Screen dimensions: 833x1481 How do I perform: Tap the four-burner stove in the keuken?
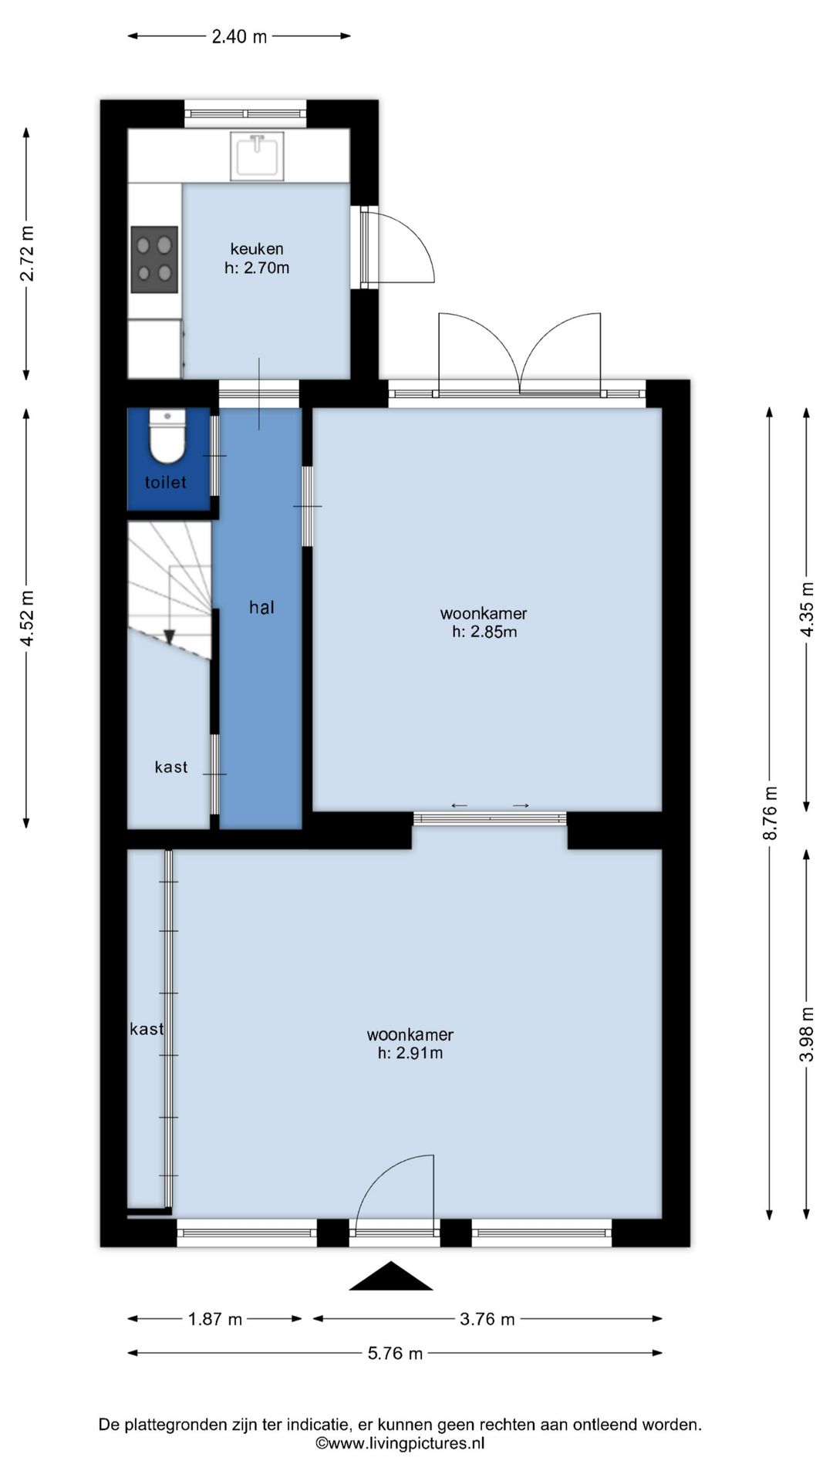point(154,259)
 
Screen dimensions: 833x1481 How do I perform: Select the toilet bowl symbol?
point(167,437)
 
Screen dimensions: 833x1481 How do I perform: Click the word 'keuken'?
point(257,248)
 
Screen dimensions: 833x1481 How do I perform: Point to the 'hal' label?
point(261,607)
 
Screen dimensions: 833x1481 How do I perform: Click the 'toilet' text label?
point(166,482)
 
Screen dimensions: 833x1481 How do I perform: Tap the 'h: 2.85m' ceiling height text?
point(484,632)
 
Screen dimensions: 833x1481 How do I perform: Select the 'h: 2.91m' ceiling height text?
point(410,1053)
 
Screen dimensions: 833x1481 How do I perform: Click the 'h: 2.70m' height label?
point(257,268)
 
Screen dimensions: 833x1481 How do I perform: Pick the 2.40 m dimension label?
point(239,36)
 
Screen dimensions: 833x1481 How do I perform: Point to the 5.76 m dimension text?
point(395,1353)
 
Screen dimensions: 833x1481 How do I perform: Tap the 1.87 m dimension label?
point(215,1319)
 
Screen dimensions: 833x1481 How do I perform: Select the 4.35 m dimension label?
point(807,609)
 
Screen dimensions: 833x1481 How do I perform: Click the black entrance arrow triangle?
point(391,1277)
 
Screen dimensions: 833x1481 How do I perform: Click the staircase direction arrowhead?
point(169,636)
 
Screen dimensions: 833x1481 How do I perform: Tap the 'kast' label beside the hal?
point(171,767)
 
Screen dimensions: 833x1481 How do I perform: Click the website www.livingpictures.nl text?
point(400,1443)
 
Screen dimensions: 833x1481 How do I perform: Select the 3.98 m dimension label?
point(807,1034)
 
